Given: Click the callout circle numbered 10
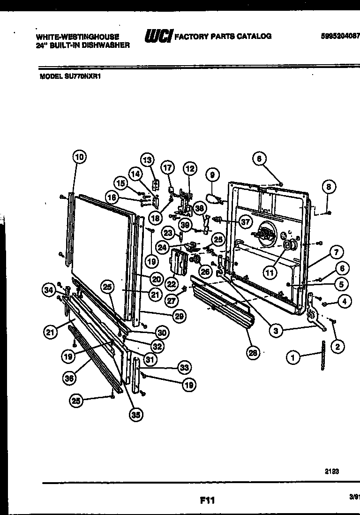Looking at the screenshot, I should [x=79, y=158].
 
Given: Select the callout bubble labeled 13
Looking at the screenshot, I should [x=148, y=161].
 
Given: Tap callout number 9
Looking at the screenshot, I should [x=212, y=175].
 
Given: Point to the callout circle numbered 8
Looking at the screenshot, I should [x=329, y=187].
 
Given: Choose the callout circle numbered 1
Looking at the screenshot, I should [x=293, y=358].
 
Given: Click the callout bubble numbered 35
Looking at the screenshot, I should [x=136, y=414].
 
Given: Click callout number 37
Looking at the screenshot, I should [x=244, y=220].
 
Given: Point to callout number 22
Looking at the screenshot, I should [x=171, y=283].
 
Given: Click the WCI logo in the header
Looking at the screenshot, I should [x=158, y=36].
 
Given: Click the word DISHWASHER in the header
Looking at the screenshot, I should [x=106, y=45].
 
